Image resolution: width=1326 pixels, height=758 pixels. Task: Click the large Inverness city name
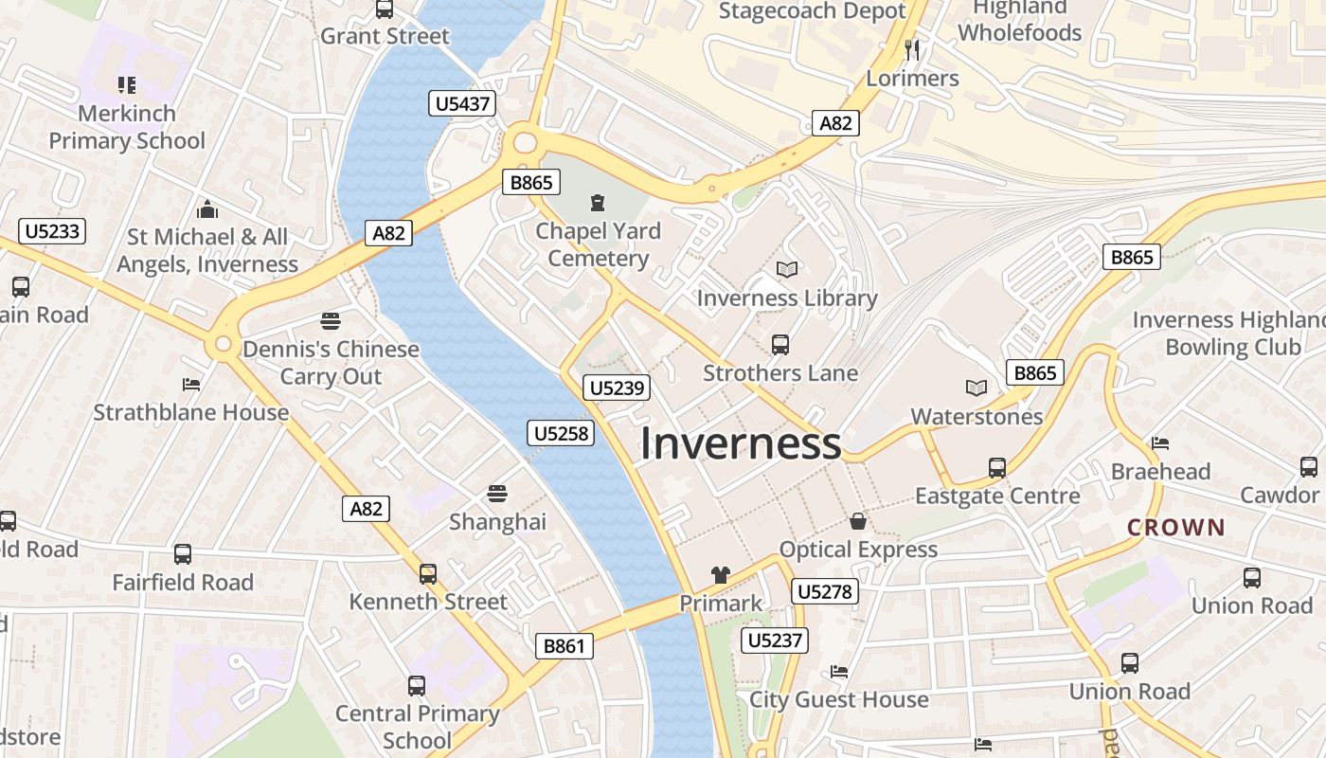tap(741, 443)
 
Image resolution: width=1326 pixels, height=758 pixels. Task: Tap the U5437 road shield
tap(462, 103)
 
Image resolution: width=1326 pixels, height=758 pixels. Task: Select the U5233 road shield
tap(52, 231)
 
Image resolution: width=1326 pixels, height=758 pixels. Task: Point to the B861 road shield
tap(564, 646)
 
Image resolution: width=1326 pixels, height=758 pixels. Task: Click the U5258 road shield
tap(561, 434)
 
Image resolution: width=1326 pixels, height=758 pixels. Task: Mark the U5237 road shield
tap(775, 641)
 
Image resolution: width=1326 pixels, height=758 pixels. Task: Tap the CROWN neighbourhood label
tap(1176, 528)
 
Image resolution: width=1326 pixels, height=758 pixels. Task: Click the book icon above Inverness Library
tap(787, 270)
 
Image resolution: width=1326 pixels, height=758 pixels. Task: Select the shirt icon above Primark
tap(721, 575)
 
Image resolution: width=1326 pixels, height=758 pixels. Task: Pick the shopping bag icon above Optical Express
tap(858, 521)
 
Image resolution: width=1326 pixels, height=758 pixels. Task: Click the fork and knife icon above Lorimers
tap(913, 49)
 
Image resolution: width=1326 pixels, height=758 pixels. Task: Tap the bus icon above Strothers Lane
tap(780, 345)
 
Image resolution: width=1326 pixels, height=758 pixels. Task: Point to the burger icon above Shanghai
tap(497, 494)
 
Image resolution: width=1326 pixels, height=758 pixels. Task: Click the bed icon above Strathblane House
tap(191, 385)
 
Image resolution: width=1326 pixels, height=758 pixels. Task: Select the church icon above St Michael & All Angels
tap(207, 209)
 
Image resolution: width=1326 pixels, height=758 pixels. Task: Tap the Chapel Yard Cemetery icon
tap(598, 202)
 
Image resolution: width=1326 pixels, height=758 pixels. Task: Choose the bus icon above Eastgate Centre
tap(997, 467)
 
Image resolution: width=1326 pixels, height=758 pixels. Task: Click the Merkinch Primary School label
tap(127, 127)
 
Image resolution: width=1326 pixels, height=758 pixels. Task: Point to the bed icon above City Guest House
tap(839, 672)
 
